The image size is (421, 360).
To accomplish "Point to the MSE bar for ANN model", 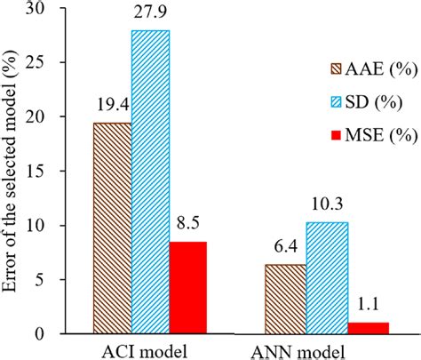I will [x=368, y=327].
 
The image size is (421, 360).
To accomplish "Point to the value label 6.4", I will [x=284, y=252].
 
